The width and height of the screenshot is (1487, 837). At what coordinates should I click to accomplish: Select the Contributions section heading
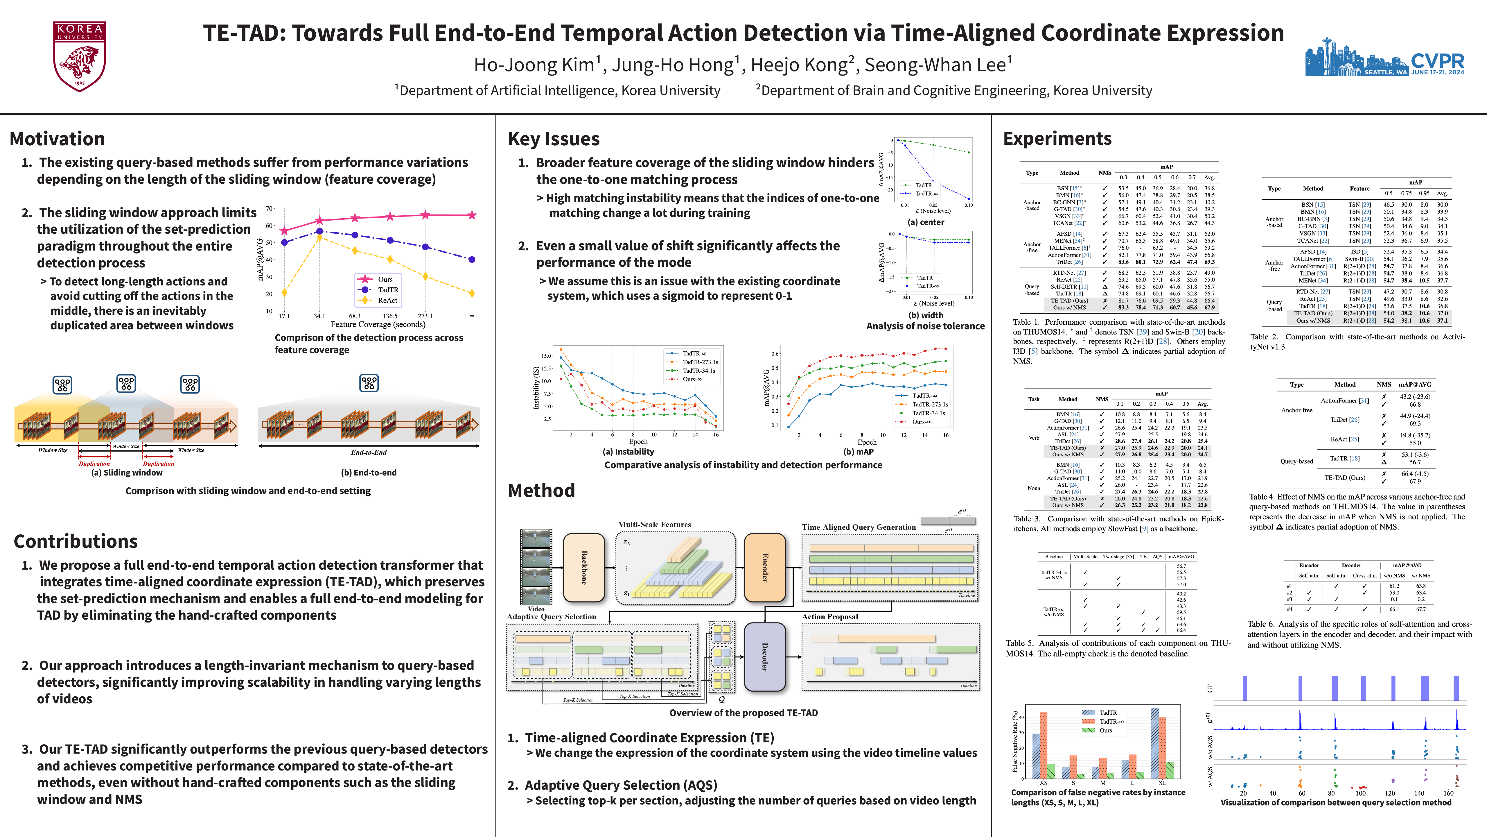[x=76, y=541]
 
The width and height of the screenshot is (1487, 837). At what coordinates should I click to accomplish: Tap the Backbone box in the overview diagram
[x=583, y=567]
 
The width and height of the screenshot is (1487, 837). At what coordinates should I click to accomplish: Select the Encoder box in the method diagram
[x=765, y=567]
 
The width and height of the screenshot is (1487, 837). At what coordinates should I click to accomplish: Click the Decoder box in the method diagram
[x=765, y=657]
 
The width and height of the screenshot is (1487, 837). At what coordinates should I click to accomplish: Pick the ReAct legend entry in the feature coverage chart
[x=387, y=301]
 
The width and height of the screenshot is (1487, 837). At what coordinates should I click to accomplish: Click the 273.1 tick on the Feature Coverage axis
[x=425, y=316]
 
